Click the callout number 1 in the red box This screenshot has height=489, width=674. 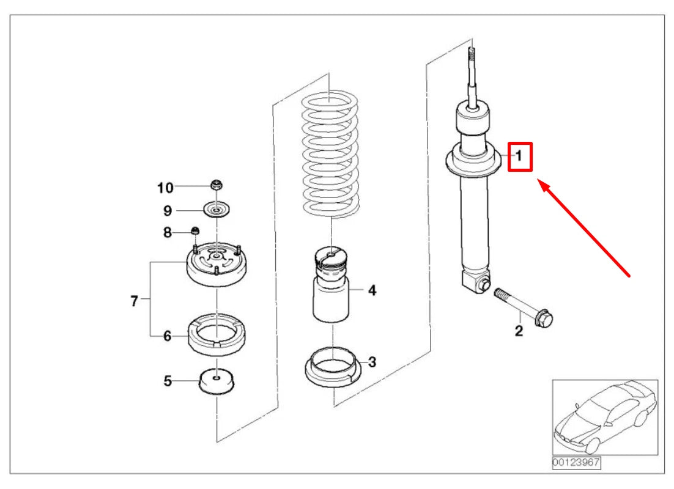pos(519,155)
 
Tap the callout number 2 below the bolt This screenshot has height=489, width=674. pos(519,331)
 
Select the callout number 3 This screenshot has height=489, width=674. pos(372,362)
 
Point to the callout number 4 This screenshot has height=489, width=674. pos(372,290)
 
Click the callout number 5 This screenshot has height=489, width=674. pos(168,381)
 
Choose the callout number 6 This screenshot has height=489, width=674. pos(168,336)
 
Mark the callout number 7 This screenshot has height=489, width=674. pos(135,301)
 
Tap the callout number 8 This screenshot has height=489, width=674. pos(168,232)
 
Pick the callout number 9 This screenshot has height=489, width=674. pos(168,210)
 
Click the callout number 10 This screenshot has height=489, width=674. pos(165,188)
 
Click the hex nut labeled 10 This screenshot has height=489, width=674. pos(217,186)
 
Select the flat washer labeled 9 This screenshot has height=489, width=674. pos(217,210)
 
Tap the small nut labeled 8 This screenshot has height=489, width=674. pos(195,230)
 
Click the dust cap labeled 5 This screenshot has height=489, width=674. pos(217,381)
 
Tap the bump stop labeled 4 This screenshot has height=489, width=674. pos(331,284)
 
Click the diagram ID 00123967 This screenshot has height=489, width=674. pos(576,462)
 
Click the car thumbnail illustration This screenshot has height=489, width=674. pos(605,417)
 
